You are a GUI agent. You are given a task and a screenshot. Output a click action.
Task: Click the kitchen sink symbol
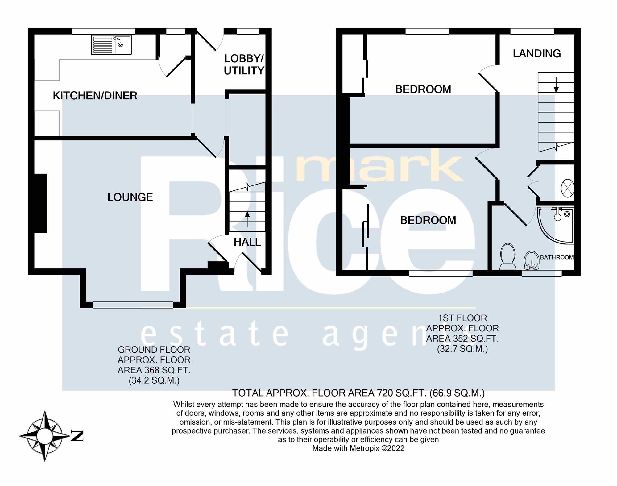(111, 45)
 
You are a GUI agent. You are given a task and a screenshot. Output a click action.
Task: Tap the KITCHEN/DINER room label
(95, 96)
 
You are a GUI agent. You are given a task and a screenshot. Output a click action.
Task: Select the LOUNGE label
(130, 197)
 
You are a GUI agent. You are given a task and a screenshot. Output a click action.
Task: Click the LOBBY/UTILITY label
(244, 64)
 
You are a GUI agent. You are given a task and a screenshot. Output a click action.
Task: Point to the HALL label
(247, 242)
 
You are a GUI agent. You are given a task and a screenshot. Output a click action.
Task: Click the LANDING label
(536, 54)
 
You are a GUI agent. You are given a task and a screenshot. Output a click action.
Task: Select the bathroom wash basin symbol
(532, 260)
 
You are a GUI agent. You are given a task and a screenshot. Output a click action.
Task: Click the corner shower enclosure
(555, 226)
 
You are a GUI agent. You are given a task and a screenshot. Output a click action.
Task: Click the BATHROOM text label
(557, 257)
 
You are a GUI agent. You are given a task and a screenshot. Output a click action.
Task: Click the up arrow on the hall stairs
(247, 219)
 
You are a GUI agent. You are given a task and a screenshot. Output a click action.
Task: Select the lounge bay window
(133, 305)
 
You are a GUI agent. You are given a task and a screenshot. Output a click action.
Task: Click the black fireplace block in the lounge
(40, 203)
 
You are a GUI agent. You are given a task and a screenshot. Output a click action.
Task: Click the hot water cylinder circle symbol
(567, 188)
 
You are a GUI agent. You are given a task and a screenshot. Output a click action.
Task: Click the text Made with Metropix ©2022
(358, 448)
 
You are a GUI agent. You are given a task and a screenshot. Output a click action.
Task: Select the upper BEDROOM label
(423, 89)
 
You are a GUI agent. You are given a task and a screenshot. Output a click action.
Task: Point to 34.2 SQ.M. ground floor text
(154, 380)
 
